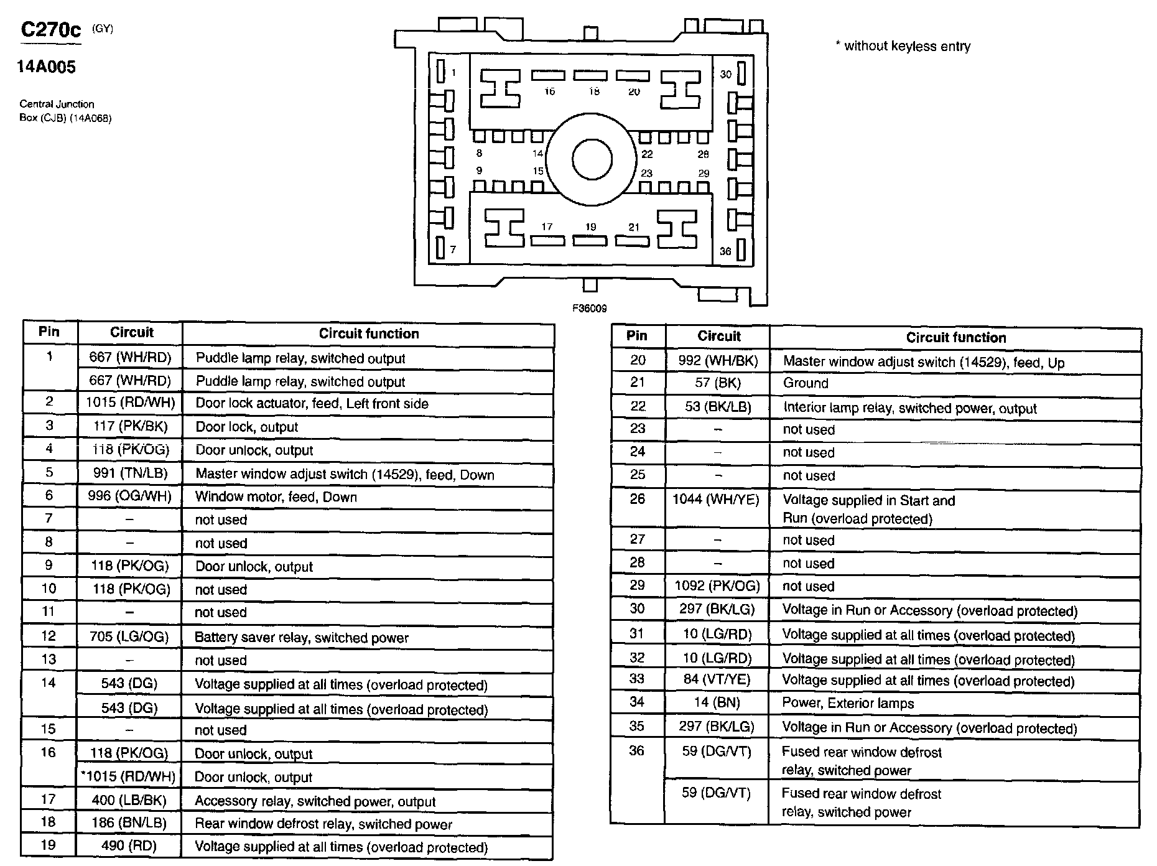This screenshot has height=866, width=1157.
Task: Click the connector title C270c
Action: [51, 30]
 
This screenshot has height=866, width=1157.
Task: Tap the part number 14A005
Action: [46, 67]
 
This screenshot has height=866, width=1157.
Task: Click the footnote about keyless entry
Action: [903, 46]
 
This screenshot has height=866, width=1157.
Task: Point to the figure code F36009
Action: [590, 308]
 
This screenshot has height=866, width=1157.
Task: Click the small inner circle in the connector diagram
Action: [592, 160]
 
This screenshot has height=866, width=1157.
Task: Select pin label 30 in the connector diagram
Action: [725, 75]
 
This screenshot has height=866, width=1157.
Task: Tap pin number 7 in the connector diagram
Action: [453, 249]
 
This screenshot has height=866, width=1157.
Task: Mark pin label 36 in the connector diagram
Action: [725, 251]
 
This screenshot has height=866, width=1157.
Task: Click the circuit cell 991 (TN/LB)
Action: [130, 473]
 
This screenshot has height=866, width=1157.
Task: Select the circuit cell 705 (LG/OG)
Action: [130, 636]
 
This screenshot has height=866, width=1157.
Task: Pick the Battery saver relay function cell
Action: [302, 638]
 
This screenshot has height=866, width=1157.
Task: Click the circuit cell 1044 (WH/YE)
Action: [717, 500]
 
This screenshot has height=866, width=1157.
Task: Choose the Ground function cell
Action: [806, 383]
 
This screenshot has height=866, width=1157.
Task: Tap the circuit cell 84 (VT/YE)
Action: [717, 679]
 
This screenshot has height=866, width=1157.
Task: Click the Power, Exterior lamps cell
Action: [848, 704]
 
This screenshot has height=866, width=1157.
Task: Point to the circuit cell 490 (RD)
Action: [129, 846]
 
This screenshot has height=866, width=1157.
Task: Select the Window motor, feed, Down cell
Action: [276, 497]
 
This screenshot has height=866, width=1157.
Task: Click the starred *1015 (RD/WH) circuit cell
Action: [129, 776]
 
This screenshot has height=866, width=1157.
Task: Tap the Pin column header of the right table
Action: [637, 336]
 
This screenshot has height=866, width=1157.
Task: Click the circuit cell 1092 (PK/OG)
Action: [717, 586]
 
